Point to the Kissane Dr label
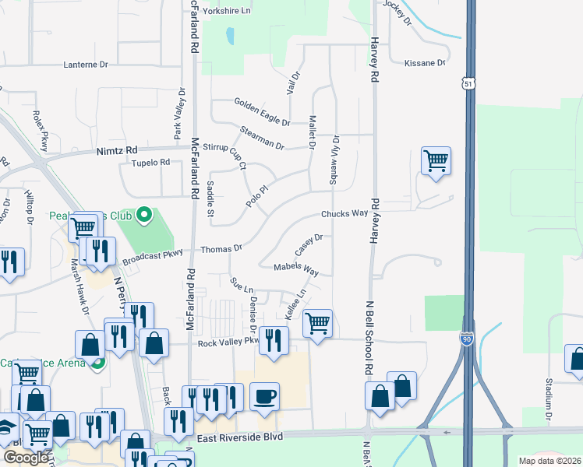pos(425,63)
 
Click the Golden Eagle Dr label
pos(262,102)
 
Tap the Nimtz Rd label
pos(117,150)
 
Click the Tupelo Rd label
pos(150,163)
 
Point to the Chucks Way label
pos(344,213)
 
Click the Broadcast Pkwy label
pos(152,253)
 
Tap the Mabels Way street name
pos(296,269)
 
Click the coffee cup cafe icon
pos(265,395)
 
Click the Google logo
pos(26,458)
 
